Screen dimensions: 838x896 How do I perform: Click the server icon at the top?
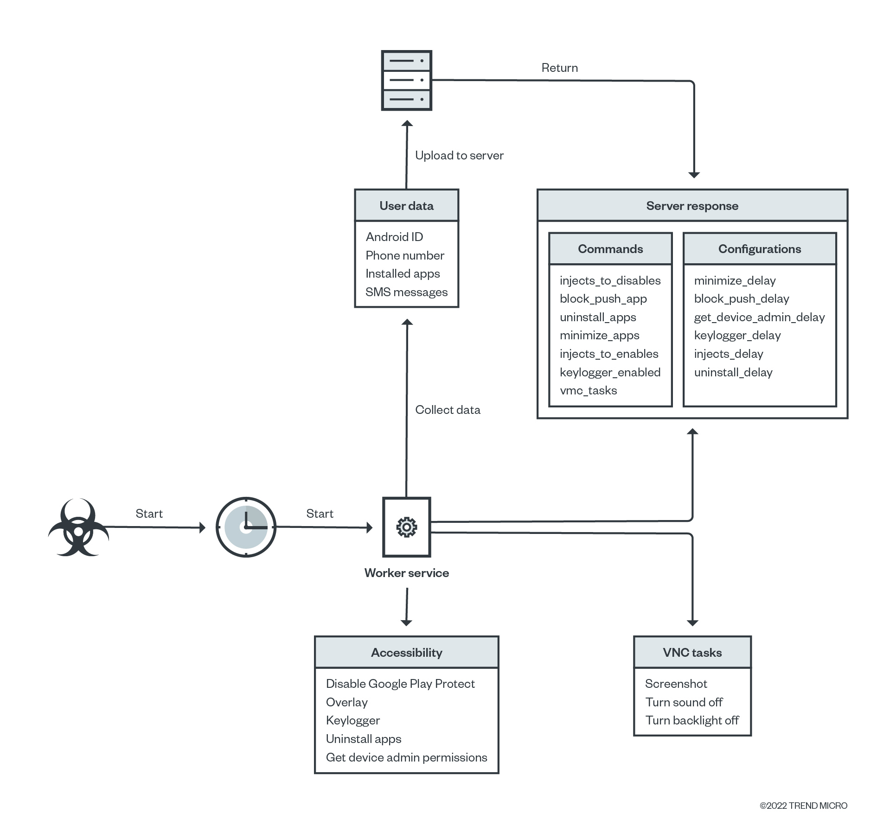click(406, 80)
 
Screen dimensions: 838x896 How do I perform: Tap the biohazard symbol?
click(78, 528)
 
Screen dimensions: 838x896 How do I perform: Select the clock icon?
click(246, 527)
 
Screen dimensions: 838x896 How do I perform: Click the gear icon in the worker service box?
click(407, 527)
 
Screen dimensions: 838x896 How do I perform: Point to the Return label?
click(559, 68)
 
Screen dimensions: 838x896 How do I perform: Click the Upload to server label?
click(459, 155)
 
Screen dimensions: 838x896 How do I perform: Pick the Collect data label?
click(448, 410)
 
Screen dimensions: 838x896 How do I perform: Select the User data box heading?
click(406, 206)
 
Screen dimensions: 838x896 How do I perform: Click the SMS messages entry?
click(406, 292)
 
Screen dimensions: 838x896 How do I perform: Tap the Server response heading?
click(692, 206)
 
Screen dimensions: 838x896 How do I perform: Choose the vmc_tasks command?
click(588, 390)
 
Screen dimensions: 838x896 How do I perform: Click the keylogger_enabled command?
click(610, 372)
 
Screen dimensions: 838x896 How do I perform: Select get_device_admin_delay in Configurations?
click(759, 317)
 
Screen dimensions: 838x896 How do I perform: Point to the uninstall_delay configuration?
click(733, 372)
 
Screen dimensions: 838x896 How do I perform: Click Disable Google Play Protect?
click(400, 684)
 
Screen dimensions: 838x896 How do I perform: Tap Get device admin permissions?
click(406, 757)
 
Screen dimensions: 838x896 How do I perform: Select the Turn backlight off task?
click(692, 720)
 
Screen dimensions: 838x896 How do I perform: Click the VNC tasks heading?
click(692, 653)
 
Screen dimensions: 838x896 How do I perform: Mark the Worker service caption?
click(406, 573)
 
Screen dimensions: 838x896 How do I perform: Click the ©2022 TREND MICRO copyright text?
click(803, 806)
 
